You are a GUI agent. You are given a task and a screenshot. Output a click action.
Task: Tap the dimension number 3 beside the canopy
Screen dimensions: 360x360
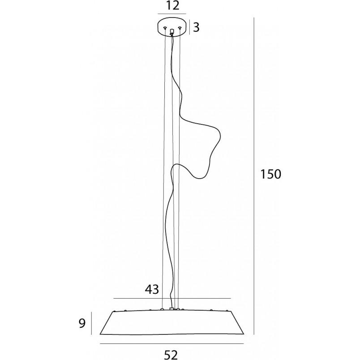click(x=196, y=27)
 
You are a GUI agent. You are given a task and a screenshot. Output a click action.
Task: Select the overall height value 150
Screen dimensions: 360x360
click(x=270, y=174)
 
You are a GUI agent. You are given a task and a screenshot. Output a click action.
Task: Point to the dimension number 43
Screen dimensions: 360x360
click(x=152, y=289)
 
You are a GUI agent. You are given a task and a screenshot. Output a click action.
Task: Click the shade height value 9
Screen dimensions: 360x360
click(x=82, y=323)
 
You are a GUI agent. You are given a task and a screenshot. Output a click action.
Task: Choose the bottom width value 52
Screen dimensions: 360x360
click(x=171, y=355)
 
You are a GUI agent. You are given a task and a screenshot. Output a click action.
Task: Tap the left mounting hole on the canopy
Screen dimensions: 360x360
click(x=165, y=28)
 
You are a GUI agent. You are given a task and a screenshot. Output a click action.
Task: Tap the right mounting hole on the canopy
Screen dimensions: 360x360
click(x=180, y=28)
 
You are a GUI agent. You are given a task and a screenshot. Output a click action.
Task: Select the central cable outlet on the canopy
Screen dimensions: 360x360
click(x=172, y=31)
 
